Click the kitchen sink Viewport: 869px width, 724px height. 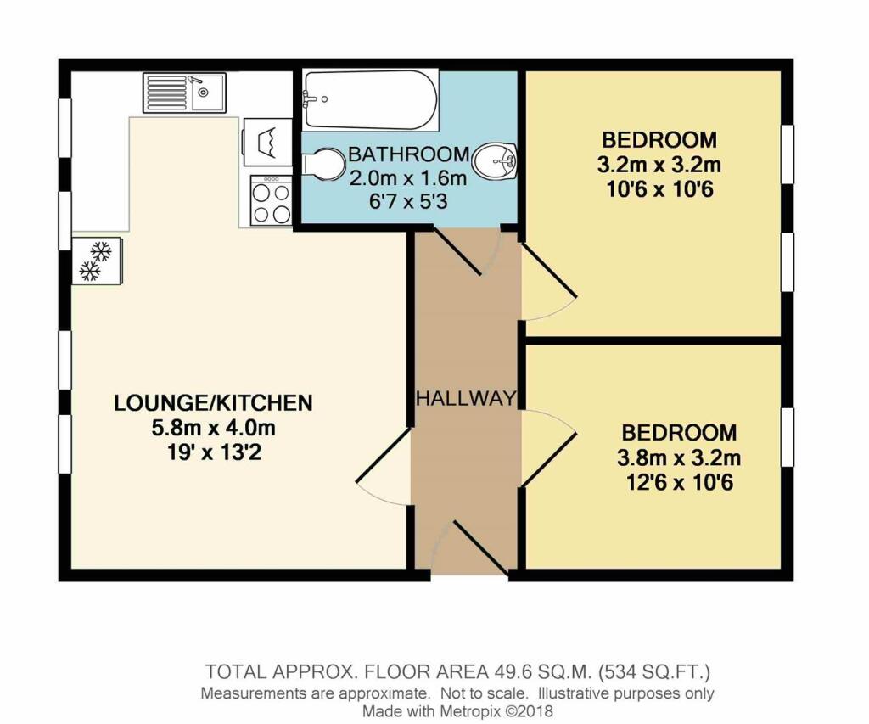pyautogui.click(x=184, y=92)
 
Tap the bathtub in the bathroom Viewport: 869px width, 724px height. pyautogui.click(x=370, y=100)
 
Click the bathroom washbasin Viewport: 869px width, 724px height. pyautogui.click(x=495, y=161)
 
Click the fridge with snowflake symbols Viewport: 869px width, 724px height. pyautogui.click(x=97, y=261)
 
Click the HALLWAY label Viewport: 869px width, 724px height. pyautogui.click(x=466, y=398)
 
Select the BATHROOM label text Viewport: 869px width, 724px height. pyautogui.click(x=408, y=155)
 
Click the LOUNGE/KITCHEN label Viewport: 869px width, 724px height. pyautogui.click(x=213, y=403)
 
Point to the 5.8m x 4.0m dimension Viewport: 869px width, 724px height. pyautogui.click(x=213, y=427)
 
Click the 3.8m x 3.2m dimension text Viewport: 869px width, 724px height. pyautogui.click(x=678, y=459)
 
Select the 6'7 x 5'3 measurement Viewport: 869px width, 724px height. pyautogui.click(x=408, y=202)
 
